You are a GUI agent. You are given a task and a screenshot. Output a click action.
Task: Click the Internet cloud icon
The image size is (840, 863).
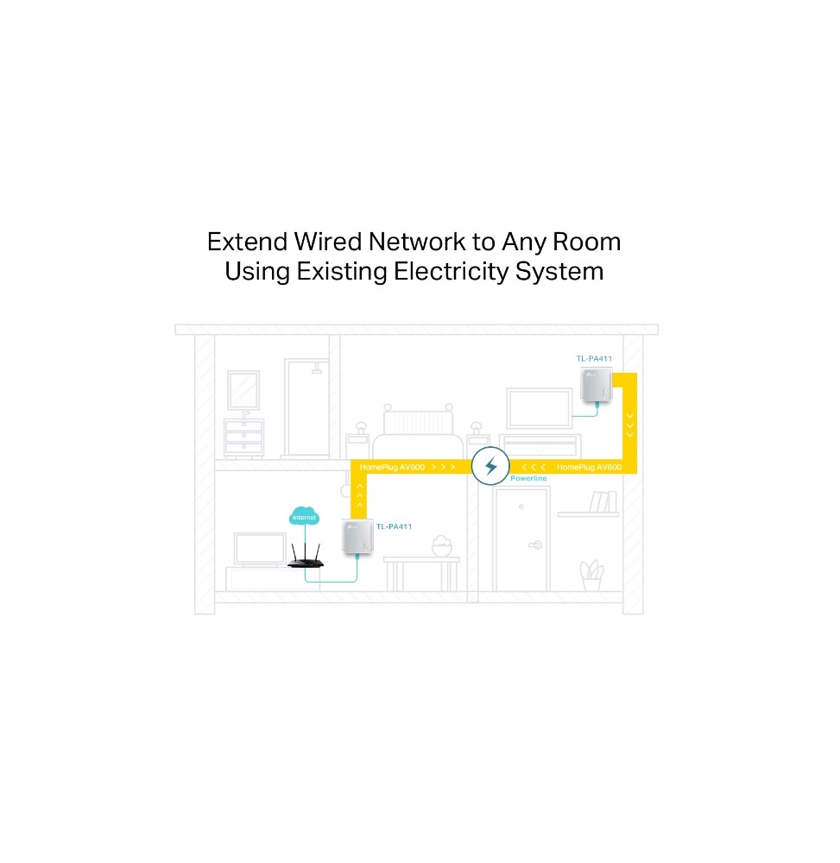click(304, 516)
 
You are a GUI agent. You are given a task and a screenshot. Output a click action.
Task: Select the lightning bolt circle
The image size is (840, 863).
click(489, 466)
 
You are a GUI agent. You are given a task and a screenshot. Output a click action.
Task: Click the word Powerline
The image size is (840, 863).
click(528, 478)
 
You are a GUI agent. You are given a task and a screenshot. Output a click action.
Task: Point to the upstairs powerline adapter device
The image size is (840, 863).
click(597, 385)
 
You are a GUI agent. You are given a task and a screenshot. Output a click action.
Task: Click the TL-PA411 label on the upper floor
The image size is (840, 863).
click(594, 358)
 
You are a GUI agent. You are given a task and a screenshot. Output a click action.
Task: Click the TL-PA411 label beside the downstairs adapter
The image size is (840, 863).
click(395, 526)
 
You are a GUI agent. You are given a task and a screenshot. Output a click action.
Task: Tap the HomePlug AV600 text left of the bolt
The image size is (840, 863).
click(392, 467)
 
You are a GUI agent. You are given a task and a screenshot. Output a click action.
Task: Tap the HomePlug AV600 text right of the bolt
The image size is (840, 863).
click(589, 467)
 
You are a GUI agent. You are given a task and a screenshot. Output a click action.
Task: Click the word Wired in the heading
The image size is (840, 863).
click(327, 242)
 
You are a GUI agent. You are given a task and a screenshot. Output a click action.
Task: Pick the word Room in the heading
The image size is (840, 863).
click(586, 242)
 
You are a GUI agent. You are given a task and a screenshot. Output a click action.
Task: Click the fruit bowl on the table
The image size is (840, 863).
click(441, 546)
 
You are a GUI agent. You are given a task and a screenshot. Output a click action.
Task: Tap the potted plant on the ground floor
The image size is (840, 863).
click(591, 576)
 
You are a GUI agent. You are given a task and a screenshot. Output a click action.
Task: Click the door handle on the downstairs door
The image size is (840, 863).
click(535, 545)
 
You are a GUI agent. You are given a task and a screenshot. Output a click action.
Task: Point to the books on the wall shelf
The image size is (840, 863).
click(603, 501)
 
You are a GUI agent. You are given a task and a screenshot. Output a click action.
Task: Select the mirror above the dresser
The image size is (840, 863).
click(243, 390)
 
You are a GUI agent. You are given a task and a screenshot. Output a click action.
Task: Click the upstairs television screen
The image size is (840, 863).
click(539, 408)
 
